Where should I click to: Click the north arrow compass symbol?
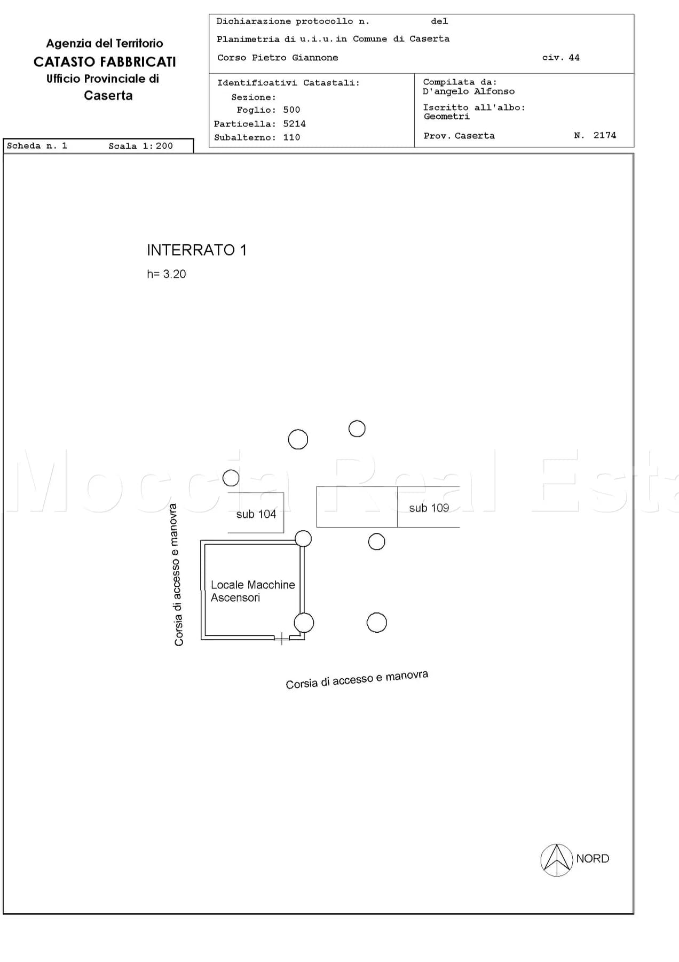[557, 860]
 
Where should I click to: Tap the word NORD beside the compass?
[593, 858]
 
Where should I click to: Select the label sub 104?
[256, 514]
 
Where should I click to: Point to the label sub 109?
[429, 508]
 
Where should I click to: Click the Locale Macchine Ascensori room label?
[252, 591]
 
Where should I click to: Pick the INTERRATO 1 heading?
[196, 250]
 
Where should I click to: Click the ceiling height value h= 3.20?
[167, 274]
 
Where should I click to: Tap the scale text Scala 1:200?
[140, 146]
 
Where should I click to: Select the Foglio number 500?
[291, 110]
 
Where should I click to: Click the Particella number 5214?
[294, 123]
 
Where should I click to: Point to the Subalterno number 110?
[291, 137]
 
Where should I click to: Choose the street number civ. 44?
[560, 57]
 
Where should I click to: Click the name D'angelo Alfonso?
[469, 91]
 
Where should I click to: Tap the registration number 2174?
[605, 135]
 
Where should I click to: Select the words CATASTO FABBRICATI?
[105, 62]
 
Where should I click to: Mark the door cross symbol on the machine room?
[281, 638]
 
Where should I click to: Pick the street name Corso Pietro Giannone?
[278, 58]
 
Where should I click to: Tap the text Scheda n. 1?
[37, 146]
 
